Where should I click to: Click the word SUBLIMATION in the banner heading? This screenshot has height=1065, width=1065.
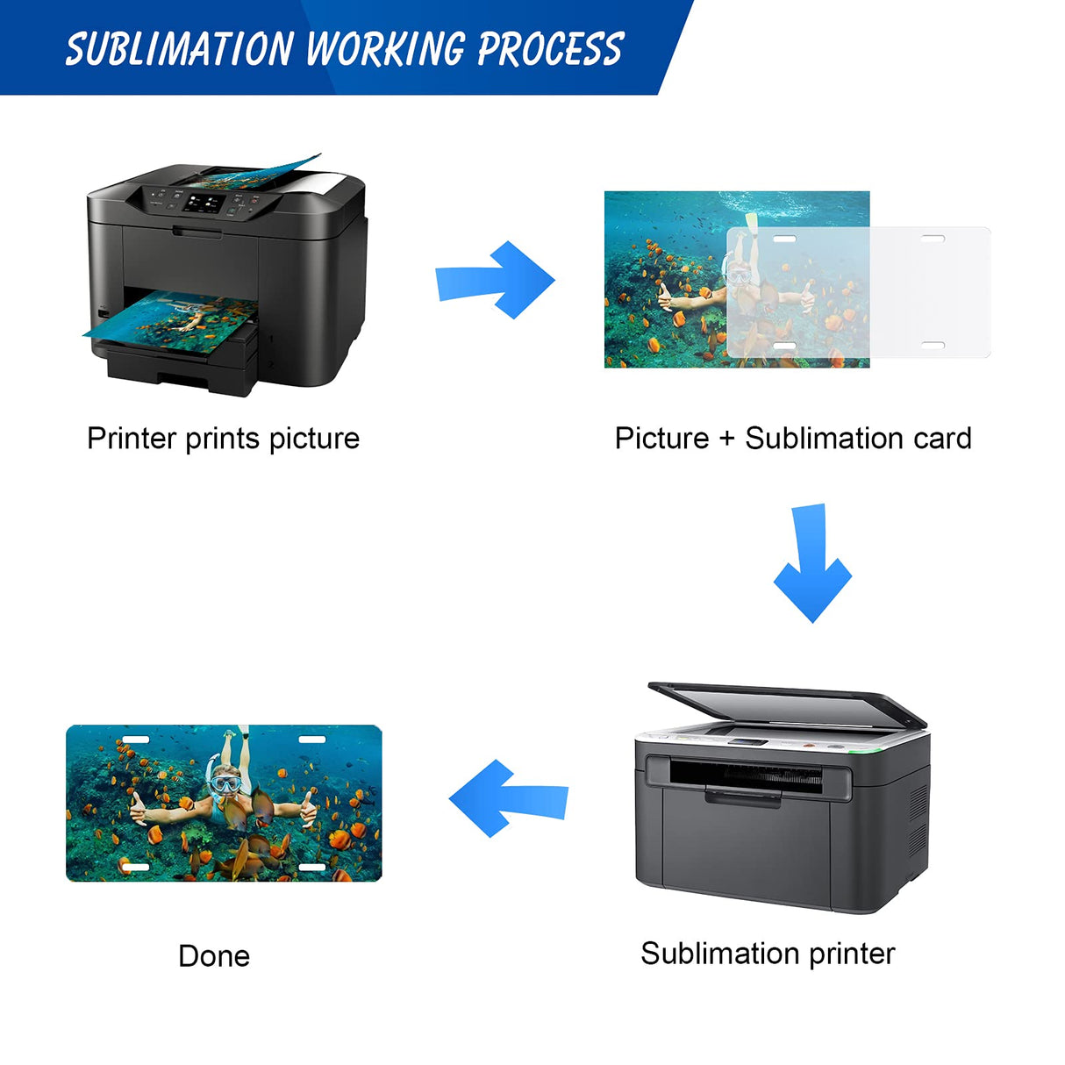click(x=179, y=49)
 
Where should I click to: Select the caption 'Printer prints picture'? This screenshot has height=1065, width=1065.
click(x=223, y=438)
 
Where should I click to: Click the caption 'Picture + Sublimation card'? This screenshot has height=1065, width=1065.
click(x=793, y=438)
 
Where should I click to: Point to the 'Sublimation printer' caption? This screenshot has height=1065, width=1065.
click(x=768, y=953)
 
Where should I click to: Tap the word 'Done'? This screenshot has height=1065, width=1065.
click(x=214, y=955)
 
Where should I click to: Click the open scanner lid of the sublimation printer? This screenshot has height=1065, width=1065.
click(x=785, y=703)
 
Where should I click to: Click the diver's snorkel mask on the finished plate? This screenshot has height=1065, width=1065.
click(x=225, y=781)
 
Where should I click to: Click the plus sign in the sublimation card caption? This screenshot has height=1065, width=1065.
click(x=726, y=439)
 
